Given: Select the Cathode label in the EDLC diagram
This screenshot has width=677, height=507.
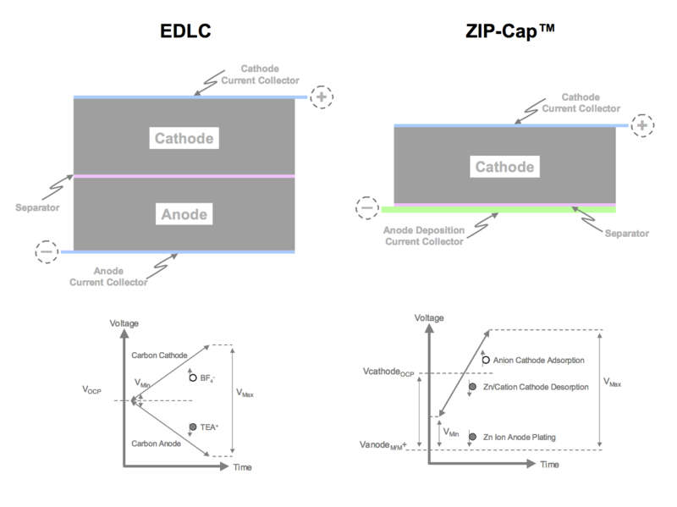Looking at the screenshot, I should pos(184,138).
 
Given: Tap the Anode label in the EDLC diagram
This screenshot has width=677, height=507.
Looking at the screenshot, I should pos(184,215).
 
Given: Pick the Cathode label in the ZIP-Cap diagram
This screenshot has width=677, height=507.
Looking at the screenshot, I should pos(505,168).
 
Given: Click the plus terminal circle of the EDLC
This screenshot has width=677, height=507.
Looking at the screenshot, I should pos(322,96).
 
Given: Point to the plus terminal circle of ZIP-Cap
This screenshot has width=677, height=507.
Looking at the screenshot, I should pos(641,125).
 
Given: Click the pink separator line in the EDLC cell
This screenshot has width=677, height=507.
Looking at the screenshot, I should pos(184,176).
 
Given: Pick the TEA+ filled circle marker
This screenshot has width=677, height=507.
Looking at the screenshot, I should pos(193,426).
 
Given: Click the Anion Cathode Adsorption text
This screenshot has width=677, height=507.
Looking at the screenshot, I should pos(538,360).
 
